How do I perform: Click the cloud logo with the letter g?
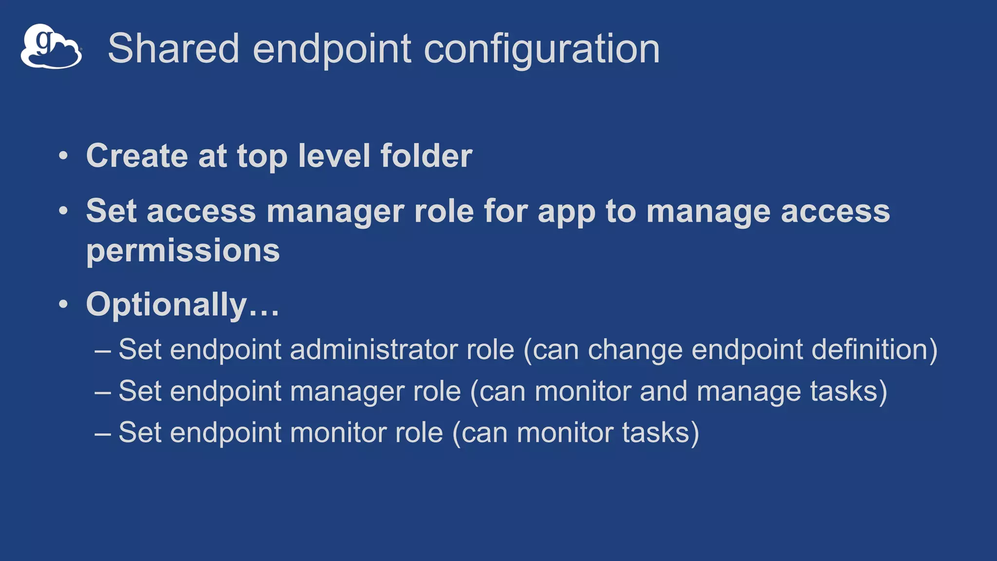pyautogui.click(x=51, y=47)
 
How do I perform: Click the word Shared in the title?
pyautogui.click(x=173, y=48)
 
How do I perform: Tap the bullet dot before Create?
pyautogui.click(x=63, y=156)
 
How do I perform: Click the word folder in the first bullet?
pyautogui.click(x=426, y=156)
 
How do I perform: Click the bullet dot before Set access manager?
pyautogui.click(x=63, y=211)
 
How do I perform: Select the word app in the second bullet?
pyautogui.click(x=566, y=212)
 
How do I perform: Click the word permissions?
pyautogui.click(x=183, y=251)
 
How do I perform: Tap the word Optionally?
pyautogui.click(x=166, y=305)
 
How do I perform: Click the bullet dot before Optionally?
pyautogui.click(x=63, y=304)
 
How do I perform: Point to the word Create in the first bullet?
pyautogui.click(x=137, y=156)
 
